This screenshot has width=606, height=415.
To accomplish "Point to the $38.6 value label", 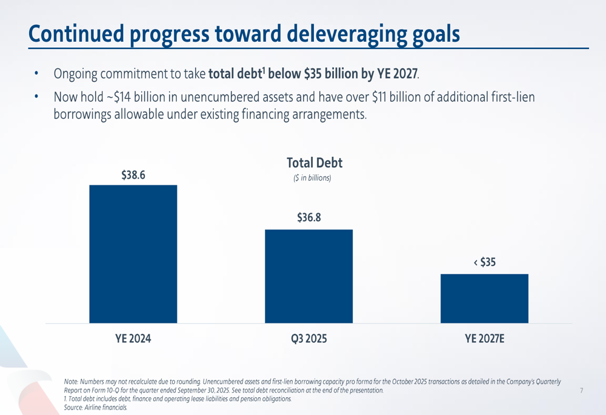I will [133, 176].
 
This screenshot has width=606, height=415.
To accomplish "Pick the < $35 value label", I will [484, 262].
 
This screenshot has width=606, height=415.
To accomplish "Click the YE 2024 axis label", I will [133, 339].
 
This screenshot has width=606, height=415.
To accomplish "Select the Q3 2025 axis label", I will [308, 339].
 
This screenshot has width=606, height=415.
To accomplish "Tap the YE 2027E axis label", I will [484, 339].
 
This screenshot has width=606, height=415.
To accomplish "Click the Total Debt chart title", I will [314, 162].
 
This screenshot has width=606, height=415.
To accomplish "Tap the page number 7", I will [581, 391].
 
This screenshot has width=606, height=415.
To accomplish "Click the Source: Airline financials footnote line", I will [96, 407].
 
